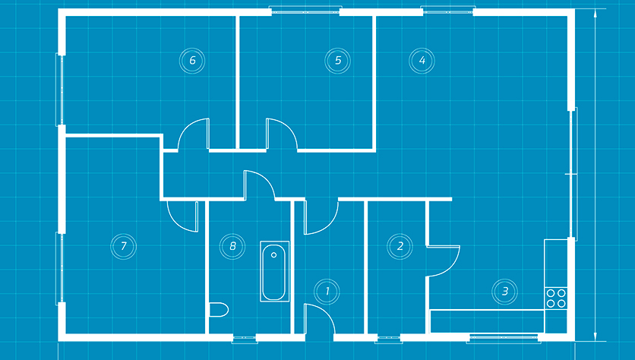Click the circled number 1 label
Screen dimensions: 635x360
327,291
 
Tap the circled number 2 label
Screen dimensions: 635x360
400,246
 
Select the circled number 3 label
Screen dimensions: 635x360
504,291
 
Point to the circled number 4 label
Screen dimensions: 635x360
422,61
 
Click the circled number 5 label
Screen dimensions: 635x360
338,61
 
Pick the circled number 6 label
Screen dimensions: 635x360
192,61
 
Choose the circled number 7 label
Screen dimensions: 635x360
124,246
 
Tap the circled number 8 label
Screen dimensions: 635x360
232,246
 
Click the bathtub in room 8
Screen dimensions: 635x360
274,271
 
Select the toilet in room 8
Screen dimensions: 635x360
219,310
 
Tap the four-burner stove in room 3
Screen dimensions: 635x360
556,298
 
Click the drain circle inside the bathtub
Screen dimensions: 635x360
273,255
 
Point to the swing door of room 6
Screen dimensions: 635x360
194,134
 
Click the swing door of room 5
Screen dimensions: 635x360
282,134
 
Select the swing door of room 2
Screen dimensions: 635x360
443,261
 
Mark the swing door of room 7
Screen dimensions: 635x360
182,216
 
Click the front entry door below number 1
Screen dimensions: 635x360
320,319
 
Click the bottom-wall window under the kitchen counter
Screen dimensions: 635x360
504,338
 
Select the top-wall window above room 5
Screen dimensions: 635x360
305,11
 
